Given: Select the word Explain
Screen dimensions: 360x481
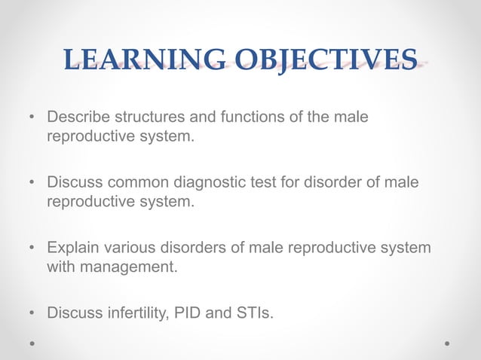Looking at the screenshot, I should tap(72, 247).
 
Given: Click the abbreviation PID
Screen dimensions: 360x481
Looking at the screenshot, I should tap(188, 310).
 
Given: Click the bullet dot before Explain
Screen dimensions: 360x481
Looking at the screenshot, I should tap(32, 248).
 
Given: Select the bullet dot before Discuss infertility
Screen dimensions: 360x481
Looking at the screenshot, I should tap(32, 311).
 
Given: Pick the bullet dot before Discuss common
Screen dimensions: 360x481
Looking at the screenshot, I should tap(32, 184).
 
